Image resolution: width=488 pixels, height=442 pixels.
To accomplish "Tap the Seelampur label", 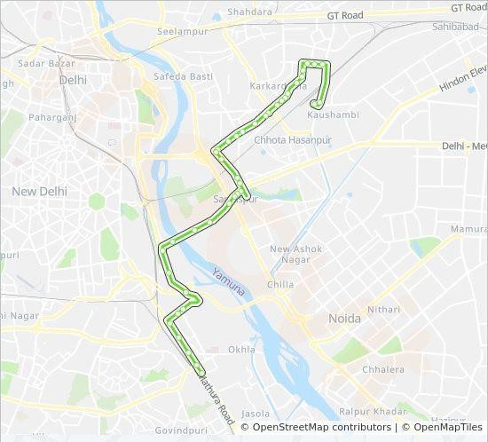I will coord(182,31).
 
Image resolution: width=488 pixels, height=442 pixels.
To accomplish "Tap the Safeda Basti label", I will coord(183,77).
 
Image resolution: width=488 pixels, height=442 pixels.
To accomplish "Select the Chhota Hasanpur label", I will coord(292,140).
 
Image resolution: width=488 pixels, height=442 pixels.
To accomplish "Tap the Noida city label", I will coord(344,319).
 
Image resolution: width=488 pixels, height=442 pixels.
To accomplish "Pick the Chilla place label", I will coord(280,285).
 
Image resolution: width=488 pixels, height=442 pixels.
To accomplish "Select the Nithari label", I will coord(384,311).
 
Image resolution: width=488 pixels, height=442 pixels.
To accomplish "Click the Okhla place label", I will coord(241,350).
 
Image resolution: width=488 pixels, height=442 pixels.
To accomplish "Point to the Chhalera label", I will coord(383,370).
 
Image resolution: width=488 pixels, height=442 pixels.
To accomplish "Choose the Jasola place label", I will coord(256,414).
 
